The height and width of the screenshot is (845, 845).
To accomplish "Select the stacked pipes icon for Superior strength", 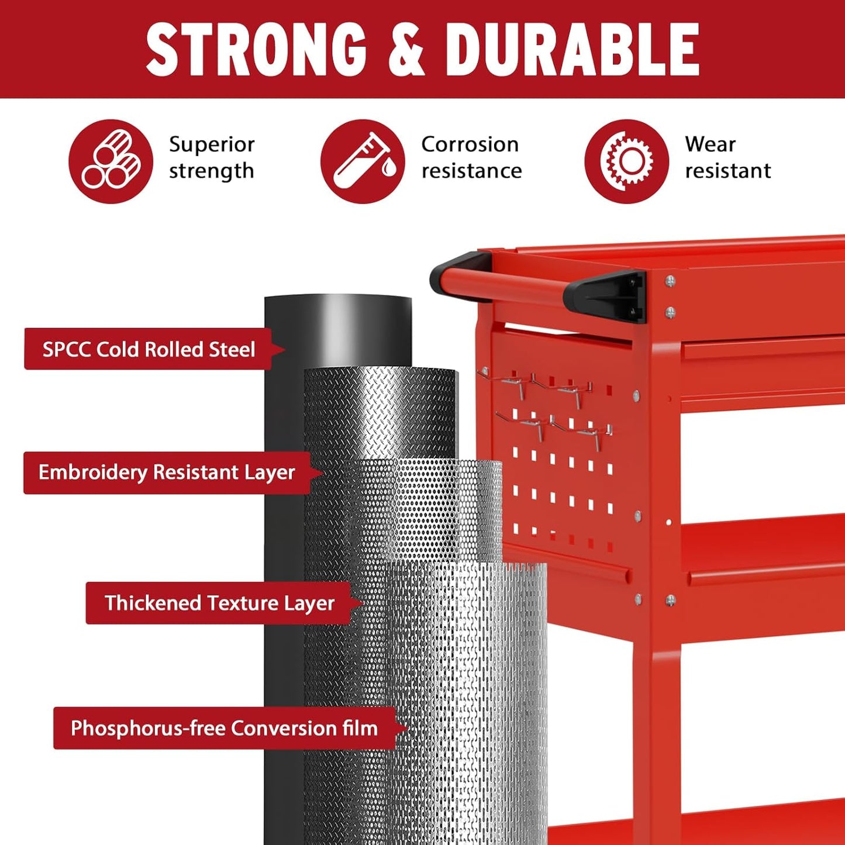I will tap(111, 161).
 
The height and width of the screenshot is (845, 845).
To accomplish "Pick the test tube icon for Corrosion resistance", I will tap(363, 161).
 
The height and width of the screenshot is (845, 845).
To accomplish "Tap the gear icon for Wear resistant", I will tap(626, 161).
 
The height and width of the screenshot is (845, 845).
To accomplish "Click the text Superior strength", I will tap(212, 157).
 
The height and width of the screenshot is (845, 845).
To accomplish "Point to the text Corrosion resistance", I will tap(471, 157).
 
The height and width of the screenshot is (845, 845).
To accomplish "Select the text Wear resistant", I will tap(727, 157).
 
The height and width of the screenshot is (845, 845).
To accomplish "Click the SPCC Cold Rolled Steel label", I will tap(149, 349).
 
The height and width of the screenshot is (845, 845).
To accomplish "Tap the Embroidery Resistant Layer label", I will tap(167, 472).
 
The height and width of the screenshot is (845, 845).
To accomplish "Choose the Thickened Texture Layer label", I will tap(219, 603).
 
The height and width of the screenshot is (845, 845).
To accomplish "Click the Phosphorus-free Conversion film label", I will tap(224, 728).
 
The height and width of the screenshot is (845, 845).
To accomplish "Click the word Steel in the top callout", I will tap(232, 349).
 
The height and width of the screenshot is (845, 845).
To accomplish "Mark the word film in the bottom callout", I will tap(360, 728).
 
